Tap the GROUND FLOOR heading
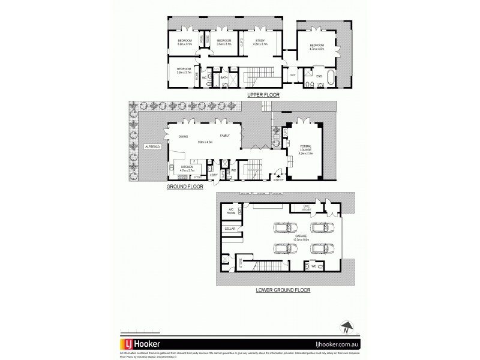click(185, 187)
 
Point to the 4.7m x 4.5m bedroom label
click(316, 47)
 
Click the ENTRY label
click(278, 179)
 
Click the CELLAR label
click(230, 229)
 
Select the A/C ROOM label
click(230, 211)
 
